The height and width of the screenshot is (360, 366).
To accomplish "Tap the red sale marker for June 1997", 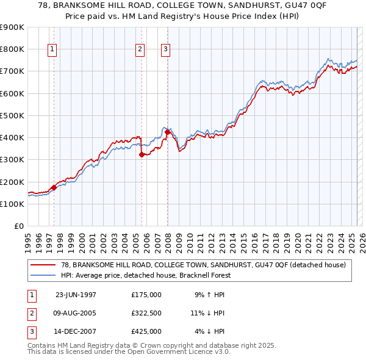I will (54, 187).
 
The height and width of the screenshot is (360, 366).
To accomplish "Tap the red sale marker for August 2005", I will (142, 154).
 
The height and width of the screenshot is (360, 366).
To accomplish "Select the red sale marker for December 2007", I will (167, 132).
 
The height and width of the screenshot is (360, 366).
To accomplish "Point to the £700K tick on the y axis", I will (12, 71).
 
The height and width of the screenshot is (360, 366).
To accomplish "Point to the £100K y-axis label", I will (12, 204).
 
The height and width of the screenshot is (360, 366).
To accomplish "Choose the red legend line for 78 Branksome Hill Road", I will (43, 265).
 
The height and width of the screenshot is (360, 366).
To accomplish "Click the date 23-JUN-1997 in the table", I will (76, 295).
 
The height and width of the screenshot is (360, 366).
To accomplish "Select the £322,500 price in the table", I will (146, 313).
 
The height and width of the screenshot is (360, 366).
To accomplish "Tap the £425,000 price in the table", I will (146, 331).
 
